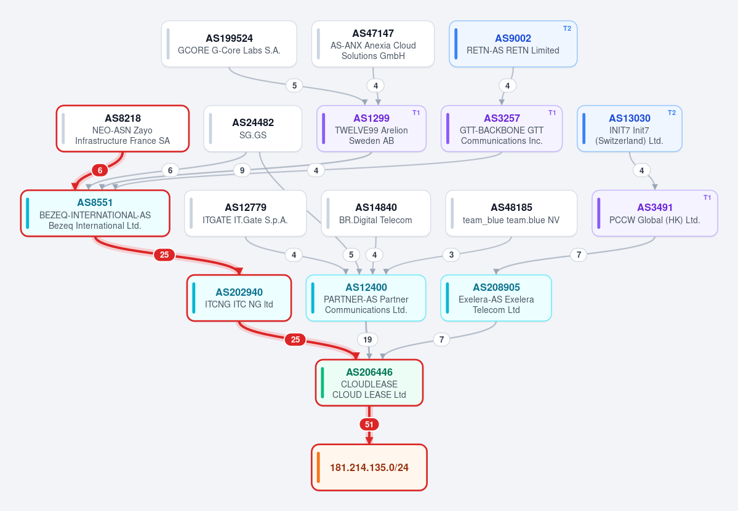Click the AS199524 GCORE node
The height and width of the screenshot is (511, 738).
pyautogui.click(x=229, y=44)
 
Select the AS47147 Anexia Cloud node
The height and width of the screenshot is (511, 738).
pyautogui.click(x=373, y=44)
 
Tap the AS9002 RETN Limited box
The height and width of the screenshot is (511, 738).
pyautogui.click(x=513, y=44)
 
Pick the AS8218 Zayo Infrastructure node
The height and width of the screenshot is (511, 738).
pyautogui.click(x=123, y=129)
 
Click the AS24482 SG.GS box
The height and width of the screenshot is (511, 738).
pyautogui.click(x=253, y=129)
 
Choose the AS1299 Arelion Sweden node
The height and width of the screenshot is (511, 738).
pyautogui.click(x=371, y=129)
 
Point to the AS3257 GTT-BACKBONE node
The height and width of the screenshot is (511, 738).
pyautogui.click(x=502, y=129)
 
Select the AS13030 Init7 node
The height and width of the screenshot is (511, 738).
pyautogui.click(x=630, y=129)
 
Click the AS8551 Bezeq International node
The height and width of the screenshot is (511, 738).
pyautogui.click(x=95, y=213)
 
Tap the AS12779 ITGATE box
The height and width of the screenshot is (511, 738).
pyautogui.click(x=245, y=213)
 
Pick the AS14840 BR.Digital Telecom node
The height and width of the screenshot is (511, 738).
pyautogui.click(x=375, y=213)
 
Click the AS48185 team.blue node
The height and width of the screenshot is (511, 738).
pyautogui.click(x=511, y=213)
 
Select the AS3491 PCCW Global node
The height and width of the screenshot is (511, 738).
pyautogui.click(x=655, y=213)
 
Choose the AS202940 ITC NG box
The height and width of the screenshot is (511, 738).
pyautogui.click(x=239, y=298)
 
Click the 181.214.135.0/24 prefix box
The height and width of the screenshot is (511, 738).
pyautogui.click(x=369, y=467)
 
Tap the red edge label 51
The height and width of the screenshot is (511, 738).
pyautogui.click(x=369, y=424)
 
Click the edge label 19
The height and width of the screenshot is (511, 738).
pyautogui.click(x=367, y=339)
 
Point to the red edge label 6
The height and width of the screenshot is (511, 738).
pyautogui.click(x=100, y=170)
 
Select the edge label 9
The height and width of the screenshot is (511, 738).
pyautogui.click(x=242, y=170)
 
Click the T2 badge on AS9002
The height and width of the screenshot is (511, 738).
pyautogui.click(x=567, y=29)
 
